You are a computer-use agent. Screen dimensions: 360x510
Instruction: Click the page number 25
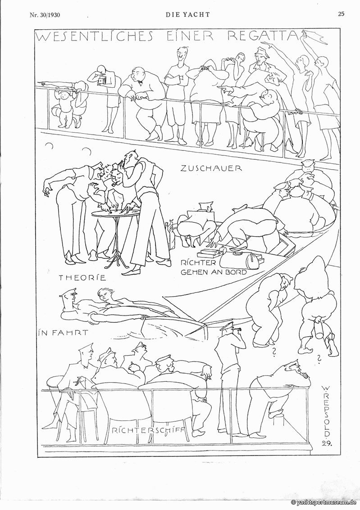pyautogui.click(x=341, y=14)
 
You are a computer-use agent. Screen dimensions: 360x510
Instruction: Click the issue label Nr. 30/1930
pyautogui.click(x=45, y=15)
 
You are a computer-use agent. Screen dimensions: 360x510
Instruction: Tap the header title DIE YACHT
pyautogui.click(x=188, y=14)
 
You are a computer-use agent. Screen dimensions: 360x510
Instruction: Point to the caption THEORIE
pyautogui.click(x=82, y=277)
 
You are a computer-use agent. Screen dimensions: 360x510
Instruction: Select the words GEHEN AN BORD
pyautogui.click(x=214, y=272)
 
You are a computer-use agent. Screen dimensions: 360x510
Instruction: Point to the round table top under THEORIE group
pyautogui.click(x=115, y=212)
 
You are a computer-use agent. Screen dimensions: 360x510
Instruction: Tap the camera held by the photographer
pyautogui.click(x=102, y=80)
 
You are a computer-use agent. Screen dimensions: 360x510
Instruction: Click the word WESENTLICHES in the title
pyautogui.click(x=94, y=36)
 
